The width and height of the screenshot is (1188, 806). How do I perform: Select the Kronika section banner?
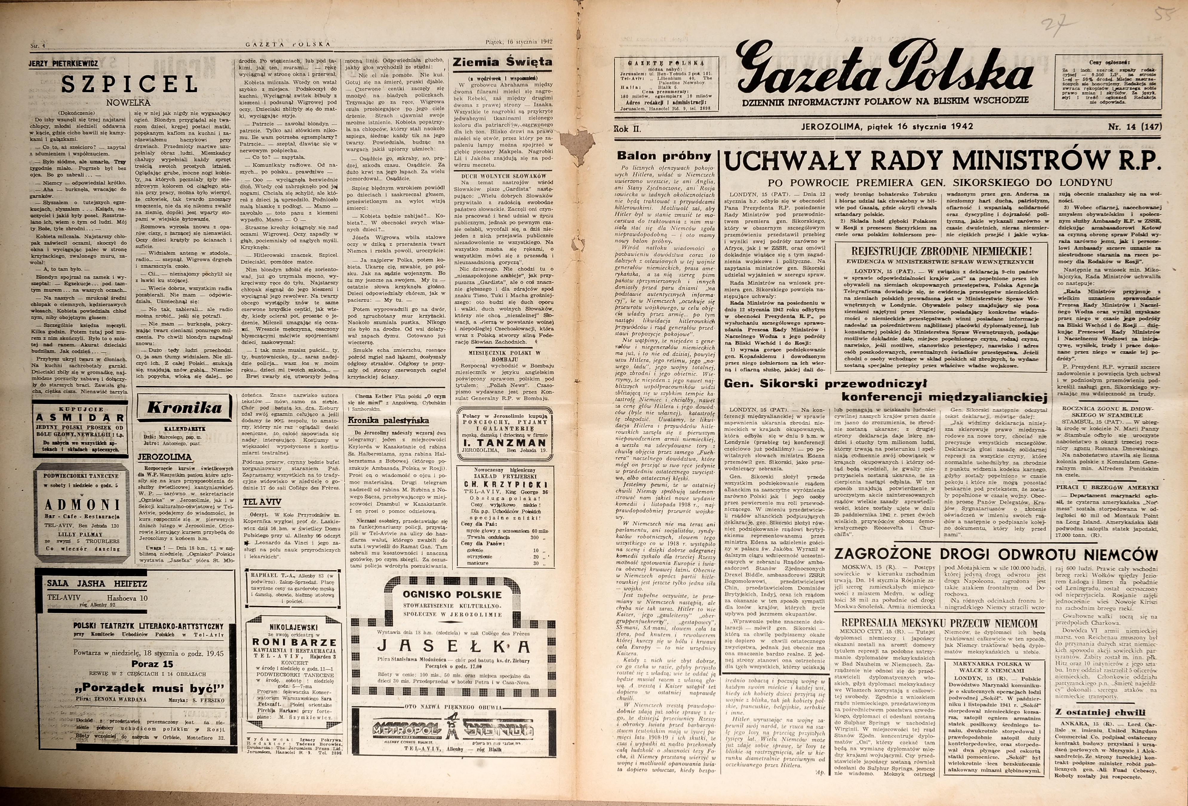(x=185, y=407)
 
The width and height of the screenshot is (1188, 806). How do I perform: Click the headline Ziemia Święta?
(x=502, y=62)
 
